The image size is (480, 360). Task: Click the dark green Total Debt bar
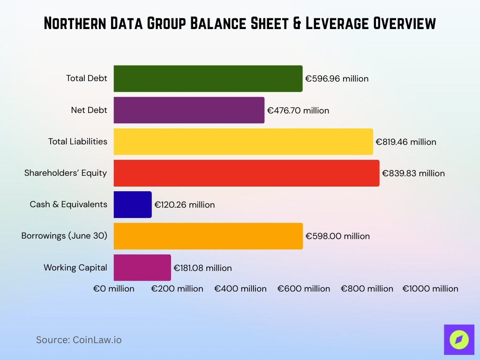(208, 79)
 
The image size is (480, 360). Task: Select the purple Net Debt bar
(189, 110)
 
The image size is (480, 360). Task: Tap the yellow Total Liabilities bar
(243, 142)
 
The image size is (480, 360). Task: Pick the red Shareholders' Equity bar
(246, 173)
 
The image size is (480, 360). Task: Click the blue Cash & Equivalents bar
(133, 204)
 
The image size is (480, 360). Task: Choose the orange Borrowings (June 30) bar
(208, 236)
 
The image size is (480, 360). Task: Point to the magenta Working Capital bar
(142, 268)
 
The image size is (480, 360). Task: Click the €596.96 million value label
(337, 79)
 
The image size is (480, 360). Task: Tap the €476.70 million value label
(298, 111)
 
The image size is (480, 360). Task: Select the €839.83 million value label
(413, 173)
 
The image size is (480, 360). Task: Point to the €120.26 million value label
(185, 205)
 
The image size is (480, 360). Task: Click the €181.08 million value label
(202, 268)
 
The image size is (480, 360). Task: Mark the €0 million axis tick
(114, 289)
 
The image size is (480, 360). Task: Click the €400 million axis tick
(240, 289)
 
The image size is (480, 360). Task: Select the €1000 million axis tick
(430, 289)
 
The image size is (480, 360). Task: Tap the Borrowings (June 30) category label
(64, 236)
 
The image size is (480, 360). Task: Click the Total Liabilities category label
(78, 142)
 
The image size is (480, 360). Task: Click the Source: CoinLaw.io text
(79, 340)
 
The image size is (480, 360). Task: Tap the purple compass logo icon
(459, 339)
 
